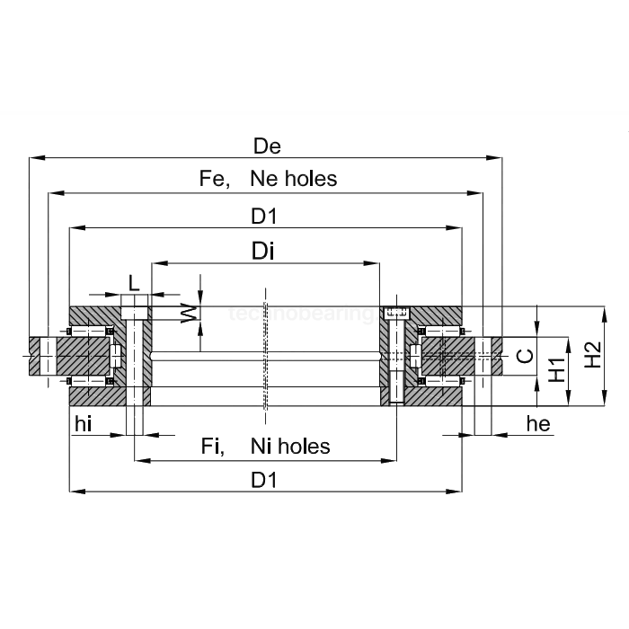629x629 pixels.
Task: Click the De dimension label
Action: click(267, 146)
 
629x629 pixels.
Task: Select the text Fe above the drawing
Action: click(213, 179)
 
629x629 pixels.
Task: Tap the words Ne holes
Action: click(294, 179)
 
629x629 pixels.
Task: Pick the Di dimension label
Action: click(263, 252)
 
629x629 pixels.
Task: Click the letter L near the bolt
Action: click(135, 282)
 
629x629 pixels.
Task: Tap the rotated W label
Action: click(188, 313)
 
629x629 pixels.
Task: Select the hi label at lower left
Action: click(84, 425)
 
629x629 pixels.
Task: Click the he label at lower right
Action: click(538, 425)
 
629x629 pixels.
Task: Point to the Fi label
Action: click(213, 447)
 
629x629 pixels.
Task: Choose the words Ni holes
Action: click(290, 447)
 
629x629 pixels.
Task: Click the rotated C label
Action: click(527, 356)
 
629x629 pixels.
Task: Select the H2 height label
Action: click(592, 355)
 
